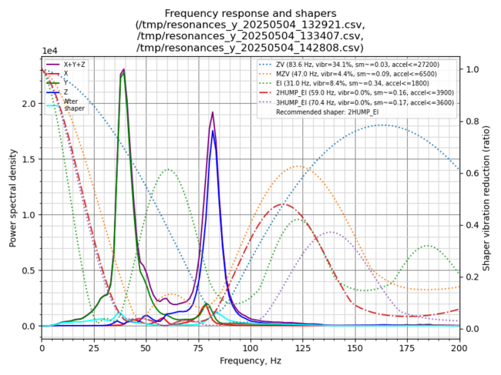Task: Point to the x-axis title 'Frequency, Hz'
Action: pyautogui.click(x=250, y=360)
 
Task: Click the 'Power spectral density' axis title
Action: pyautogui.click(x=13, y=196)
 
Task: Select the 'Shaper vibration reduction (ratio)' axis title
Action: pyautogui.click(x=486, y=196)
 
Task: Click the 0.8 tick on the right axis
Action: pyautogui.click(x=471, y=122)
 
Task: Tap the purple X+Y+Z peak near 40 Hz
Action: pyautogui.click(x=123, y=70)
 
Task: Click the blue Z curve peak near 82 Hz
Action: pyautogui.click(x=213, y=131)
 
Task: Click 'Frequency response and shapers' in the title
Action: pyautogui.click(x=250, y=13)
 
